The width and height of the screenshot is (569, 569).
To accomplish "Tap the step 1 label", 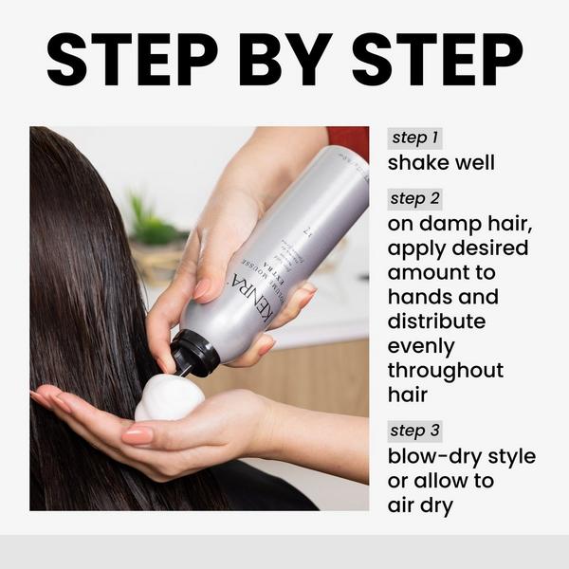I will point(413,138).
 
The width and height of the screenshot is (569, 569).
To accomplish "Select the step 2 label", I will point(414,199).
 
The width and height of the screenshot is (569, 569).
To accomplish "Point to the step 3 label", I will point(414,431).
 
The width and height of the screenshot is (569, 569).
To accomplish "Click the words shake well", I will point(441,163).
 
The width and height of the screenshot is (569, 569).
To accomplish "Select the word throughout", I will point(446,371).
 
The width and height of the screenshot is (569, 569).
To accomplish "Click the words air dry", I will point(420,505).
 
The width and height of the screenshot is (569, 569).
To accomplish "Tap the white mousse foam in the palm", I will point(169,398).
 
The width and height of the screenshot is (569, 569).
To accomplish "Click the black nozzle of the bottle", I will point(195,354).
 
